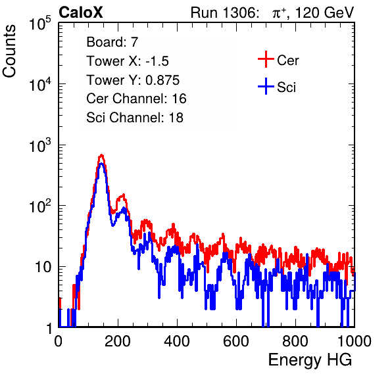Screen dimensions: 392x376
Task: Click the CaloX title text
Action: [x=80, y=12]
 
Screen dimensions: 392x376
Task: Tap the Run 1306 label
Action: [x=224, y=12]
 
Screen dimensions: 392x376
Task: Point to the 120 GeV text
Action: [x=325, y=12]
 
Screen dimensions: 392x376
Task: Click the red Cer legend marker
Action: [x=266, y=59]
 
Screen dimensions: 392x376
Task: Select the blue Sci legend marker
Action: [x=266, y=86]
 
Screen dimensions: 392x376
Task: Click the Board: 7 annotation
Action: [x=112, y=42]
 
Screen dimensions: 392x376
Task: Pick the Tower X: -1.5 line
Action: [x=128, y=61]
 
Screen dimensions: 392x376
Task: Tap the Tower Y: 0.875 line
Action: [x=133, y=80]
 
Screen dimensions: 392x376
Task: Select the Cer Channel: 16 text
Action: [x=136, y=99]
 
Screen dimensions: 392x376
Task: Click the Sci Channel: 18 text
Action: [x=135, y=118]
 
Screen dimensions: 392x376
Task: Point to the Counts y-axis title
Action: [x=9, y=51]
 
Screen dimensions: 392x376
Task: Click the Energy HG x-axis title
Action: [x=310, y=360]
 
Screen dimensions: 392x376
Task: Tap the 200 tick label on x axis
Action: [x=118, y=341]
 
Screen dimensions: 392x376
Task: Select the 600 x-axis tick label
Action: [x=236, y=341]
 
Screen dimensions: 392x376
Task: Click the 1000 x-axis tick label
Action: [x=355, y=341]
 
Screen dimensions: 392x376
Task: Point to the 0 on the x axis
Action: [x=59, y=341]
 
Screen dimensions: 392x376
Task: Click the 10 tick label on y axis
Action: [x=43, y=267]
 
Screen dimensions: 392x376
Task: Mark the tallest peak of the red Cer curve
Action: [x=101, y=155]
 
